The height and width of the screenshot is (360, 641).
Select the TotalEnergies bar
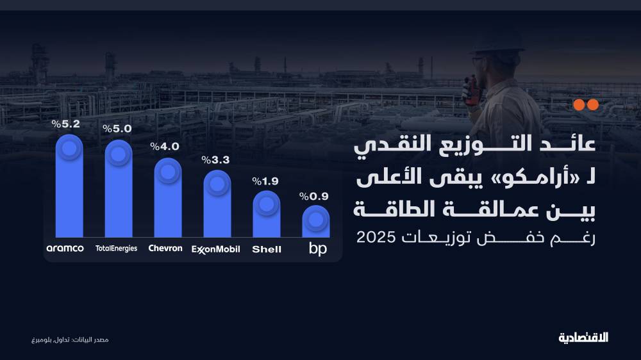coord(118,190)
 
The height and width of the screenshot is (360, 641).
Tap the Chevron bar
coord(167,199)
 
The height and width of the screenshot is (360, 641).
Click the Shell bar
coord(267,214)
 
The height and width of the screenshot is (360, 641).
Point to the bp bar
coord(316,221)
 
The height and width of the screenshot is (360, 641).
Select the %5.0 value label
coord(117,129)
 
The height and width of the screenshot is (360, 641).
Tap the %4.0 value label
coord(165,147)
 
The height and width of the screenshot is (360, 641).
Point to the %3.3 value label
coord(215,160)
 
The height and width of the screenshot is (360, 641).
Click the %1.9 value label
coord(265,181)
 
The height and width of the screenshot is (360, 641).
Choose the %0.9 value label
coord(315,195)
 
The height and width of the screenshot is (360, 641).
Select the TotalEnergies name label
coord(116,249)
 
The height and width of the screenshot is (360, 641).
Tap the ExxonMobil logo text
coord(216,249)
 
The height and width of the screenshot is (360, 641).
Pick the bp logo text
coord(318,249)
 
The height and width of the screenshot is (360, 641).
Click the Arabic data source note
coord(71,338)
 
